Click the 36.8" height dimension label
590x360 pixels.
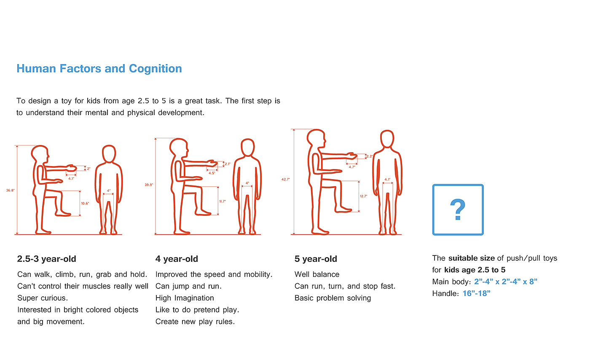pyautogui.click(x=11, y=191)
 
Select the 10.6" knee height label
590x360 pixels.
pyautogui.click(x=85, y=203)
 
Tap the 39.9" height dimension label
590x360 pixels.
pyautogui.click(x=149, y=185)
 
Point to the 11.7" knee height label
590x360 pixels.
pyautogui.click(x=223, y=201)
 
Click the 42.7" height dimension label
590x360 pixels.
pyautogui.click(x=286, y=179)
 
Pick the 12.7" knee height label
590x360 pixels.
pyautogui.click(x=363, y=196)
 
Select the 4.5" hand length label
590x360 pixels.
pyautogui.click(x=212, y=173)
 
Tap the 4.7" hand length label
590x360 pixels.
pyautogui.click(x=352, y=167)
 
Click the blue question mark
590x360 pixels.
pyautogui.click(x=458, y=210)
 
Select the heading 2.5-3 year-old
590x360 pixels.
pyautogui.click(x=47, y=259)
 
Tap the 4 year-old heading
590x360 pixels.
pyautogui.click(x=177, y=259)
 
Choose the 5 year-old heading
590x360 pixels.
pyautogui.click(x=316, y=259)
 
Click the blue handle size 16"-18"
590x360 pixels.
pyautogui.click(x=476, y=293)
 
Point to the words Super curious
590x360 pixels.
pyautogui.click(x=43, y=298)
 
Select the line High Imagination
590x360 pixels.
pyautogui.click(x=185, y=298)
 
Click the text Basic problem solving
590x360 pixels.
pyautogui.click(x=333, y=298)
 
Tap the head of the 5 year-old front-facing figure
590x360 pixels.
pyautogui.click(x=387, y=139)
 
